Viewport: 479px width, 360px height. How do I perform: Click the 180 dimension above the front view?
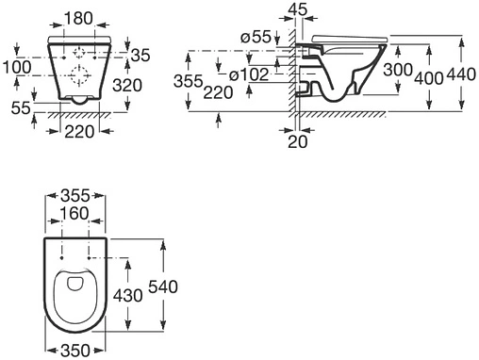coord(78,19)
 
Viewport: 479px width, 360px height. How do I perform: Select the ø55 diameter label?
coord(256,37)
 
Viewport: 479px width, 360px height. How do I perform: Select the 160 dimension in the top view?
coord(75,213)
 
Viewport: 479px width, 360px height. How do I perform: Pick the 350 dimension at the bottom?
coord(75,350)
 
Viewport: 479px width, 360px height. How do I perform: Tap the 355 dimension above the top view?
coord(75,195)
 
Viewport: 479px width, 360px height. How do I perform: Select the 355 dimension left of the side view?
coord(190,83)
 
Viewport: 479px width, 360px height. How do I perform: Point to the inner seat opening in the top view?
coord(75,286)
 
